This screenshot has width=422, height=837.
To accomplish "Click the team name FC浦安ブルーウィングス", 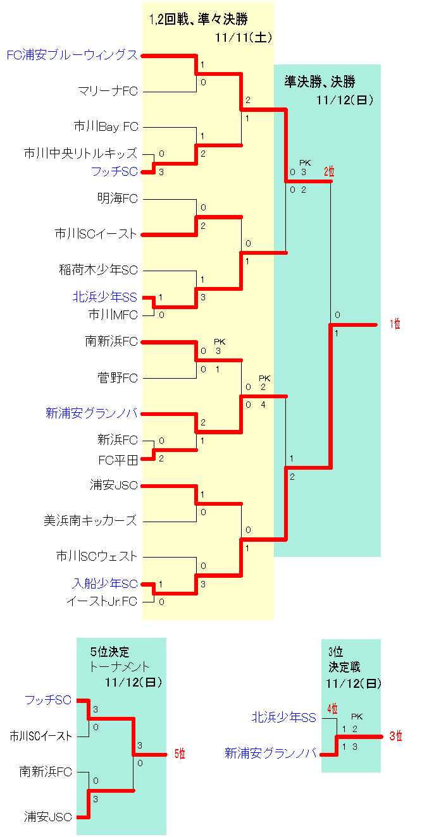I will (x=71, y=55).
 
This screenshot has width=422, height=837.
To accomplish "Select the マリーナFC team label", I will (x=108, y=91).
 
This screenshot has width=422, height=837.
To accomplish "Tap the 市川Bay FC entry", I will (x=106, y=127).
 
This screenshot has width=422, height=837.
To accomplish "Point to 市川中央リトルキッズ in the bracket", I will (x=80, y=154).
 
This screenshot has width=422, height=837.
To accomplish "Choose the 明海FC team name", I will (x=118, y=199).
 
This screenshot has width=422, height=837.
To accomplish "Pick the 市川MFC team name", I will (x=113, y=314).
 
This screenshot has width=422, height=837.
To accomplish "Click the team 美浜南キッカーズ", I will (x=90, y=521).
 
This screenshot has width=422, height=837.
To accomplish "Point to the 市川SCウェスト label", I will (x=97, y=556).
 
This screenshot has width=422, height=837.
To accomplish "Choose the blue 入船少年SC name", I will (x=104, y=583).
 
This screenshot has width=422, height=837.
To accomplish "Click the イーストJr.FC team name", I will (x=101, y=601).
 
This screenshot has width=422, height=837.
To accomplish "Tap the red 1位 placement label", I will (x=395, y=324).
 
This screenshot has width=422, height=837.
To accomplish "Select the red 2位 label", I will (x=329, y=171).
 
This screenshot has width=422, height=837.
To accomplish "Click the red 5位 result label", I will (x=180, y=754).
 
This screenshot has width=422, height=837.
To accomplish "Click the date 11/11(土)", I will (x=244, y=38).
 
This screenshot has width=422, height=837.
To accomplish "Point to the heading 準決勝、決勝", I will (x=320, y=82).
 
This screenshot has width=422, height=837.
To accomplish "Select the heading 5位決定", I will (x=109, y=652).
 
